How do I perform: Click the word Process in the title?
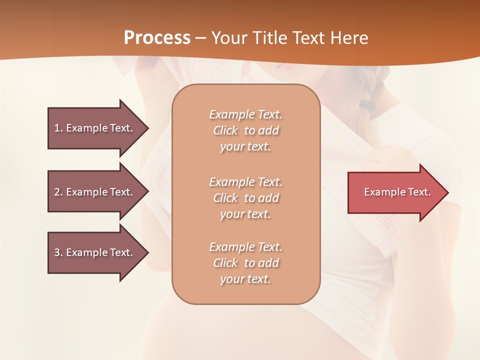(157, 38)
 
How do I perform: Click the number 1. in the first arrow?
(58, 128)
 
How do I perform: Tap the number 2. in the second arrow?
(58, 192)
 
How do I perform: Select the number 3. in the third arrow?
(58, 252)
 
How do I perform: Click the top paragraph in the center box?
(245, 130)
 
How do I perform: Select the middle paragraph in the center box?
(245, 198)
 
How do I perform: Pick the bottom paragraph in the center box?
(245, 263)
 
